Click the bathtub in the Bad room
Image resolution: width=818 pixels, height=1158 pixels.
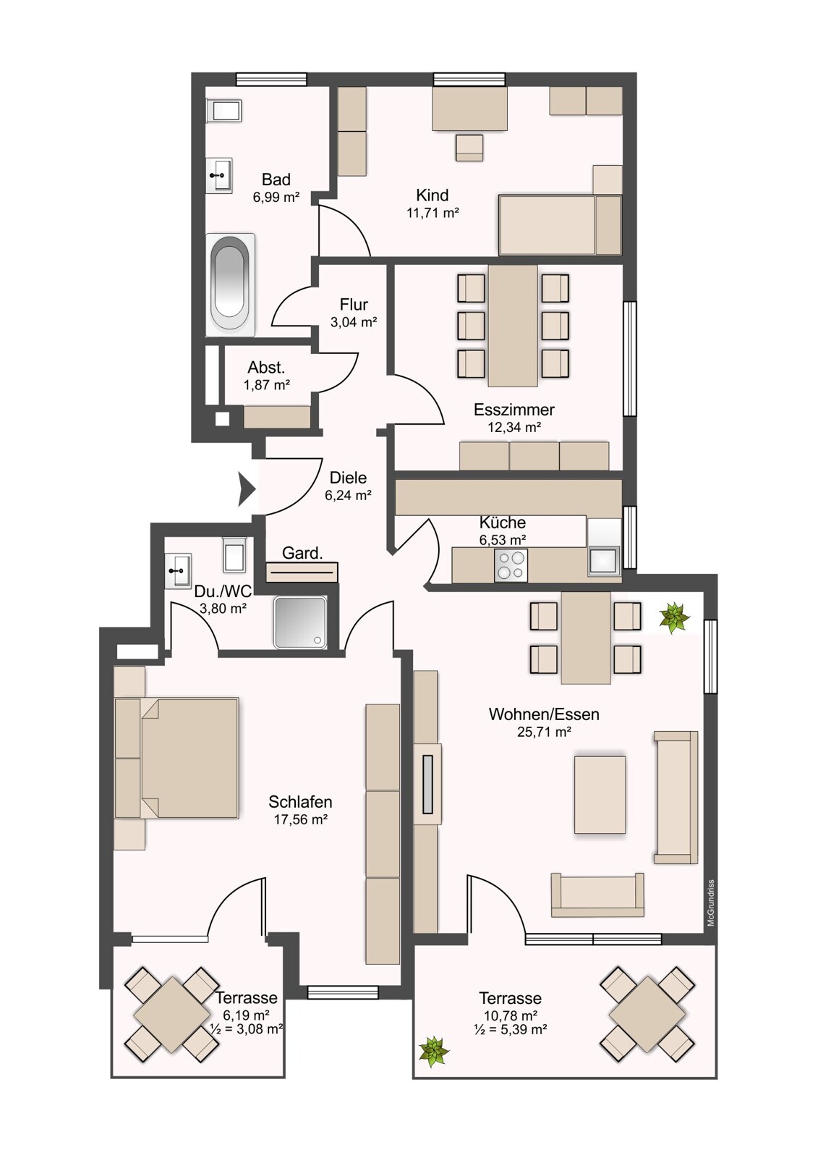pyautogui.click(x=230, y=284)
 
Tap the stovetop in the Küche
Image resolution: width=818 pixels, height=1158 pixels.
pyautogui.click(x=510, y=565)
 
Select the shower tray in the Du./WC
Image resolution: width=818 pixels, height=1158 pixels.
pyautogui.click(x=300, y=622)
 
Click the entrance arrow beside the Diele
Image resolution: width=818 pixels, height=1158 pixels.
pyautogui.click(x=247, y=489)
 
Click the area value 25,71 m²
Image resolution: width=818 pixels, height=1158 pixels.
pyautogui.click(x=544, y=732)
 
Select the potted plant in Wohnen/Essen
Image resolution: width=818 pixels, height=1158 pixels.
pyautogui.click(x=674, y=617)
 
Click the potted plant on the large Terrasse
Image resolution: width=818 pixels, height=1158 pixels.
pyautogui.click(x=433, y=1051)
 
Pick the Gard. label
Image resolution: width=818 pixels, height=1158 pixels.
pyautogui.click(x=302, y=553)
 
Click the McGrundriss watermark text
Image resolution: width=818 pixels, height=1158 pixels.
pyautogui.click(x=711, y=903)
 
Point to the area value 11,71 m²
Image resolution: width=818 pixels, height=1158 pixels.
pyautogui.click(x=433, y=213)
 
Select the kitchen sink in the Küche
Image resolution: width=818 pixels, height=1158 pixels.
pyautogui.click(x=603, y=560)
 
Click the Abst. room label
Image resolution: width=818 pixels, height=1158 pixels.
pyautogui.click(x=266, y=368)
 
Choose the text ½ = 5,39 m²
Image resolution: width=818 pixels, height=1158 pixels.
pyautogui.click(x=510, y=1028)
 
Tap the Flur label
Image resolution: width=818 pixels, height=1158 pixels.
pyautogui.click(x=354, y=304)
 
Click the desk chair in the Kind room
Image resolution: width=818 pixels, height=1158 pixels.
pyautogui.click(x=469, y=148)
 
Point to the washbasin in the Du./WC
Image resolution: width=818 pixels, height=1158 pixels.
pyautogui.click(x=178, y=571)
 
